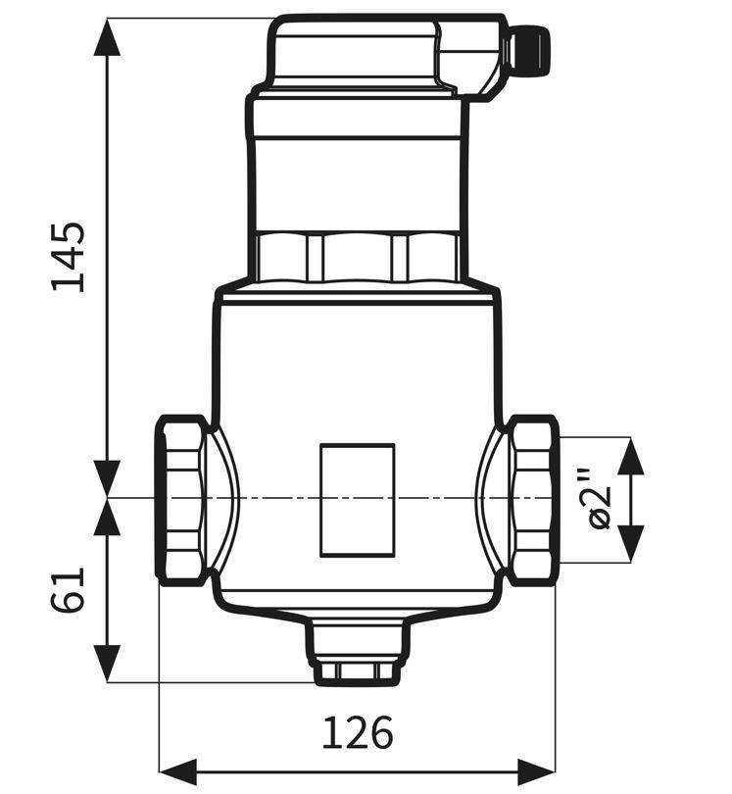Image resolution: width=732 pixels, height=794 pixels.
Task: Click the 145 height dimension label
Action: (69, 257)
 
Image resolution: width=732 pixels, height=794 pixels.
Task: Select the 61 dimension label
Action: (69, 590)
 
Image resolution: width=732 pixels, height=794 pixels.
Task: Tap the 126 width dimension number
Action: (358, 732)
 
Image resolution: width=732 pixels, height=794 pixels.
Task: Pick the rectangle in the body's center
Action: (358, 500)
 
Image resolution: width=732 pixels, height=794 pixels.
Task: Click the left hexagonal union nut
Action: (180, 500)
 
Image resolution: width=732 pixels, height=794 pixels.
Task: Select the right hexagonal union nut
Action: (533, 500)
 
